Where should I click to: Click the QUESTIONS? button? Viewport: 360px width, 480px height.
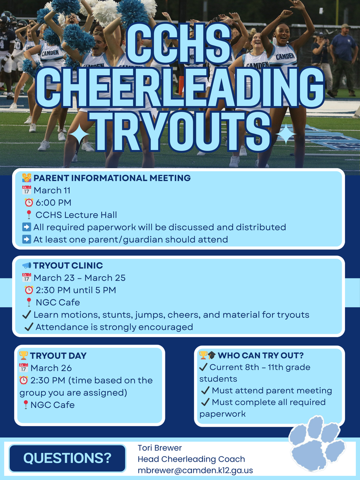point(67,458)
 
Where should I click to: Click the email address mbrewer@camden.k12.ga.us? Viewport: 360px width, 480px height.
point(195,470)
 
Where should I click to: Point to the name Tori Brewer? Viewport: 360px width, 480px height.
point(160,448)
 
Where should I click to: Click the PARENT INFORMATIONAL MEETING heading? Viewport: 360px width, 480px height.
point(112,178)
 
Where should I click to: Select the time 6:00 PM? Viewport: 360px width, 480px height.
point(53,202)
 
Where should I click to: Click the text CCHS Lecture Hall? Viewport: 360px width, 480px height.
point(76,215)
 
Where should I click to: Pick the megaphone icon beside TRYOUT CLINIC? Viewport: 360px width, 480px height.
point(27,266)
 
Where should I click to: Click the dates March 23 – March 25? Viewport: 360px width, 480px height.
point(79,278)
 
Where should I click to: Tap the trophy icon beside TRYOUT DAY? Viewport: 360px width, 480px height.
point(23,356)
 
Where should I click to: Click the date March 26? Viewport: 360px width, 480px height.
point(51,368)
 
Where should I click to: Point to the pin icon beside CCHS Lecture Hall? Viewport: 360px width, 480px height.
point(29,215)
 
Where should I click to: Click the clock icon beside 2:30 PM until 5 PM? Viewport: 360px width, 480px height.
point(29,290)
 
